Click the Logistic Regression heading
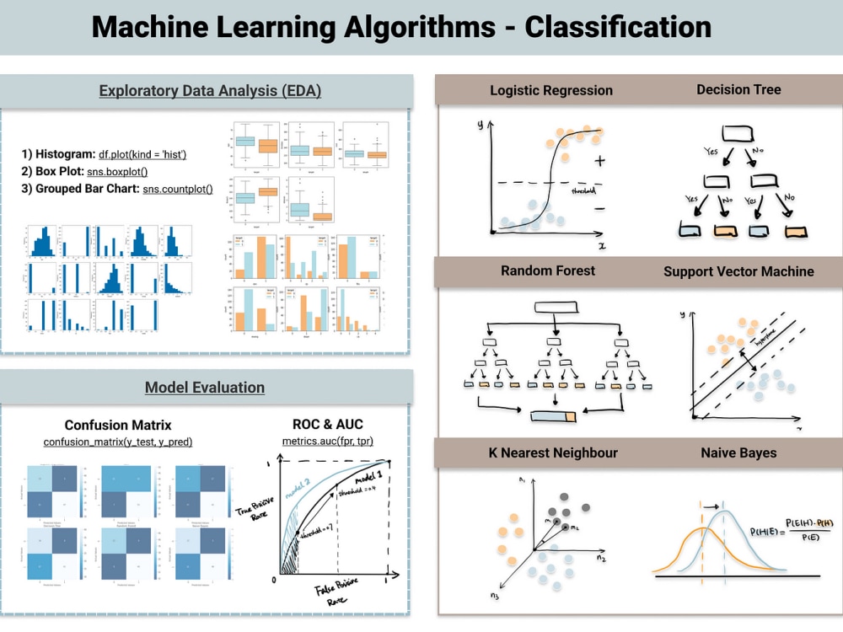pyautogui.click(x=551, y=90)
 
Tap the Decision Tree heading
pyautogui.click(x=738, y=89)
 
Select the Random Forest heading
pyautogui.click(x=547, y=270)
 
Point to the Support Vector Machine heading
pyautogui.click(x=738, y=271)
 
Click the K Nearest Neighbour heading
pyautogui.click(x=553, y=453)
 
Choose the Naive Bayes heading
pyautogui.click(x=738, y=453)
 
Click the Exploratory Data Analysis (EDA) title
pyautogui.click(x=210, y=91)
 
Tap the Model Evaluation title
pyautogui.click(x=205, y=388)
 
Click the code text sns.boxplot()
pyautogui.click(x=117, y=172)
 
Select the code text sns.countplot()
pyautogui.click(x=177, y=189)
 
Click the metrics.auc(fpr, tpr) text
pyautogui.click(x=328, y=442)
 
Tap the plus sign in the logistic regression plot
pyautogui.click(x=600, y=160)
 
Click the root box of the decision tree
pyautogui.click(x=738, y=132)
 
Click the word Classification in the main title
pyautogui.click(x=618, y=27)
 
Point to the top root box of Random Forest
pyautogui.click(x=553, y=308)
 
